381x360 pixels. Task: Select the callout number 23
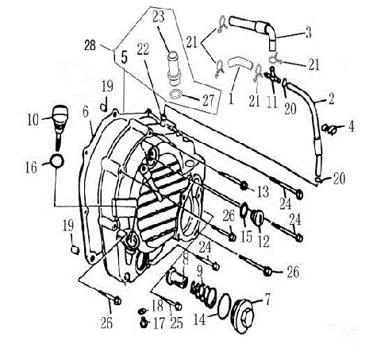click(x=158, y=15)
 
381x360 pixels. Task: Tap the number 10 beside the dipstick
click(x=32, y=120)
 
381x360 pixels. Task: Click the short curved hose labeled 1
click(x=238, y=64)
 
